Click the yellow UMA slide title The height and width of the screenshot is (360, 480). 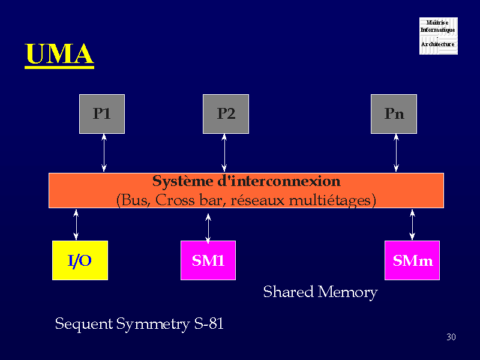pyautogui.click(x=59, y=55)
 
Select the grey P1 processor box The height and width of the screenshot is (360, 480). pyautogui.click(x=102, y=114)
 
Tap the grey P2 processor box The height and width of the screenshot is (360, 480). pyautogui.click(x=226, y=114)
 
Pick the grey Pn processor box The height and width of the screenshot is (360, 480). pyautogui.click(x=394, y=114)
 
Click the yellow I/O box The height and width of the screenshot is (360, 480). pyautogui.click(x=80, y=260)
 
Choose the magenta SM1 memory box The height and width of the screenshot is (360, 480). pyautogui.click(x=208, y=260)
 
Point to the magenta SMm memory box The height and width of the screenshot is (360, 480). pyautogui.click(x=412, y=260)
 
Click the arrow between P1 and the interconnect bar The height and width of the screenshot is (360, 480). pyautogui.click(x=104, y=153)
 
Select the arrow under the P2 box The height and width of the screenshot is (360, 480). pyautogui.click(x=224, y=153)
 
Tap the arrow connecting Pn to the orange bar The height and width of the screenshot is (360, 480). pyautogui.click(x=396, y=153)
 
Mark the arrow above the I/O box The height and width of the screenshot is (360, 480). pyautogui.click(x=76, y=224)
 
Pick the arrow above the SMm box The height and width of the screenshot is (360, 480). pyautogui.click(x=412, y=224)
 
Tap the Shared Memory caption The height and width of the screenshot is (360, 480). pyautogui.click(x=320, y=292)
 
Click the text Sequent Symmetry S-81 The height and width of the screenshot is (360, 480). pyautogui.click(x=139, y=324)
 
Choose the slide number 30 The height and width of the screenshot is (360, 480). pyautogui.click(x=451, y=337)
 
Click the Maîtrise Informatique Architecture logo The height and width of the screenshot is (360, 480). pyautogui.click(x=438, y=36)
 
